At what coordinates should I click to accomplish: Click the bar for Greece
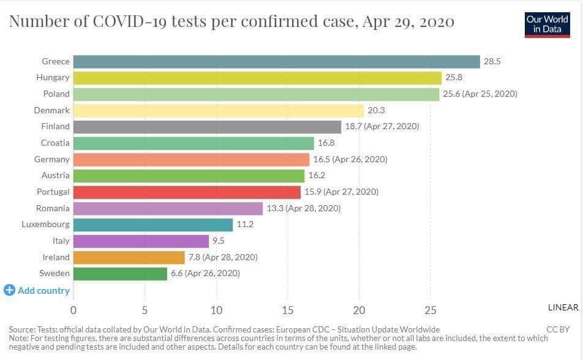click(276, 61)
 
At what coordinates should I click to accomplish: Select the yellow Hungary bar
click(257, 78)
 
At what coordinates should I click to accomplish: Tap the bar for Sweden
click(120, 273)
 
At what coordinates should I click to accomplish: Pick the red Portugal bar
click(187, 192)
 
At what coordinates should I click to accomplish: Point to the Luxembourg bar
click(153, 224)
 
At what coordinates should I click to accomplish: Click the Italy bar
click(141, 241)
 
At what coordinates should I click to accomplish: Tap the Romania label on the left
click(53, 208)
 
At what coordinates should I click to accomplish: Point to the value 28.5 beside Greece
click(492, 61)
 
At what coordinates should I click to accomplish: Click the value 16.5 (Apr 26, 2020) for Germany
click(350, 159)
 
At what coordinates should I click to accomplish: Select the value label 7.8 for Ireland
click(223, 257)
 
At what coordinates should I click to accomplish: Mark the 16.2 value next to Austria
click(317, 175)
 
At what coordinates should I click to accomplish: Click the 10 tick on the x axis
click(216, 309)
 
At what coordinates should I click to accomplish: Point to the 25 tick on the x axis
click(431, 309)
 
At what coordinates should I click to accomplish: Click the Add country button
click(37, 291)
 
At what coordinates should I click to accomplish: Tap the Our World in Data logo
click(547, 24)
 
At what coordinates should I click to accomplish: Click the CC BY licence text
click(559, 329)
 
